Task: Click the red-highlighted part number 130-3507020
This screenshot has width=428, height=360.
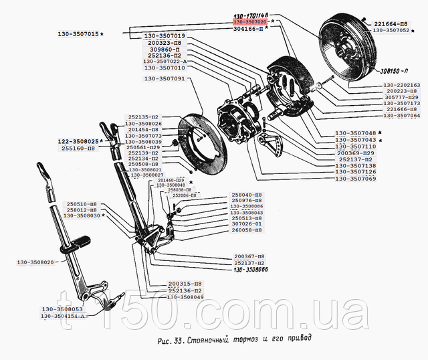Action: click(x=250, y=22)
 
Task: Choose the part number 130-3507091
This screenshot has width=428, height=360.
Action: click(x=165, y=79)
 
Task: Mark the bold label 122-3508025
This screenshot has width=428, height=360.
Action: click(x=76, y=141)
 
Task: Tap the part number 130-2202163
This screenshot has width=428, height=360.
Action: click(x=402, y=86)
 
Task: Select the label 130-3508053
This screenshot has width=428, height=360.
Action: click(x=62, y=309)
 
